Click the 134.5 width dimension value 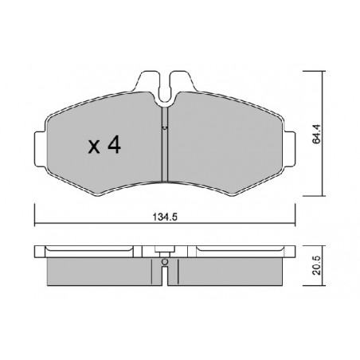(165, 217)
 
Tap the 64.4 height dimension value (317, 134)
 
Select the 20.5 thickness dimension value (317, 266)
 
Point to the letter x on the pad (94, 147)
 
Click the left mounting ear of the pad (41, 149)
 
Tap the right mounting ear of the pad (289, 149)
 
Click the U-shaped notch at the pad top (165, 98)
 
